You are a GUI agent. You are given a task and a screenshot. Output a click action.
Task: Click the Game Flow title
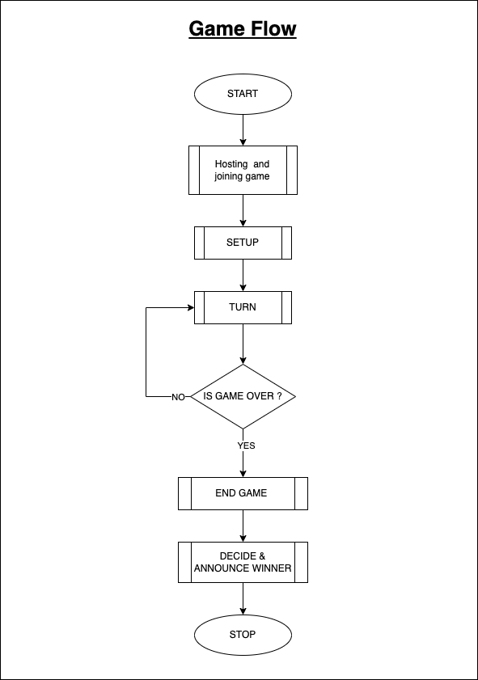243,30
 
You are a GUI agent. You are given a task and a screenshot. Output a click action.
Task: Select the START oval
243,94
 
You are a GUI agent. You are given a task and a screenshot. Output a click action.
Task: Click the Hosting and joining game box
243,170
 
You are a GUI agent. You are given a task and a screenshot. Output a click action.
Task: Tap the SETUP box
243,243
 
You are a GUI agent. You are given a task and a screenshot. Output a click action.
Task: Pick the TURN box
243,307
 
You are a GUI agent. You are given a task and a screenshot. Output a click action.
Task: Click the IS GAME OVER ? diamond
243,396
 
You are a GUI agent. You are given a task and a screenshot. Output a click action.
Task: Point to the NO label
178,397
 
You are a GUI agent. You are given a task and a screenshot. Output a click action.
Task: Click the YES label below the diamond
246,446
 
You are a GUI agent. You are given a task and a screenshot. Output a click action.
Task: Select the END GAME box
243,493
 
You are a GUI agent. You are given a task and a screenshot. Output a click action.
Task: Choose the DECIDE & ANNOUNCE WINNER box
243,562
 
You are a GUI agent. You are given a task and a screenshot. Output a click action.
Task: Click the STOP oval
243,635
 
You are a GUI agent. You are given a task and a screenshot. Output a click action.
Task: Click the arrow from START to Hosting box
243,129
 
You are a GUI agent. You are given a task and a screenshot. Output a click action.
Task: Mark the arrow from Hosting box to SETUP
243,210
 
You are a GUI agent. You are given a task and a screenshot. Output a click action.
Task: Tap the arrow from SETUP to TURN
243,275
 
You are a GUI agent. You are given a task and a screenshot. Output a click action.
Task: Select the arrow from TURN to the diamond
243,344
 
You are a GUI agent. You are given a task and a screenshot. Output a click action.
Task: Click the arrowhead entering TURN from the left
190,307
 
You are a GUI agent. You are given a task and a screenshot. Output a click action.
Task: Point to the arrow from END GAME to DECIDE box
243,526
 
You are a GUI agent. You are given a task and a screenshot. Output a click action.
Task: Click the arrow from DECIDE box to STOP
243,598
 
